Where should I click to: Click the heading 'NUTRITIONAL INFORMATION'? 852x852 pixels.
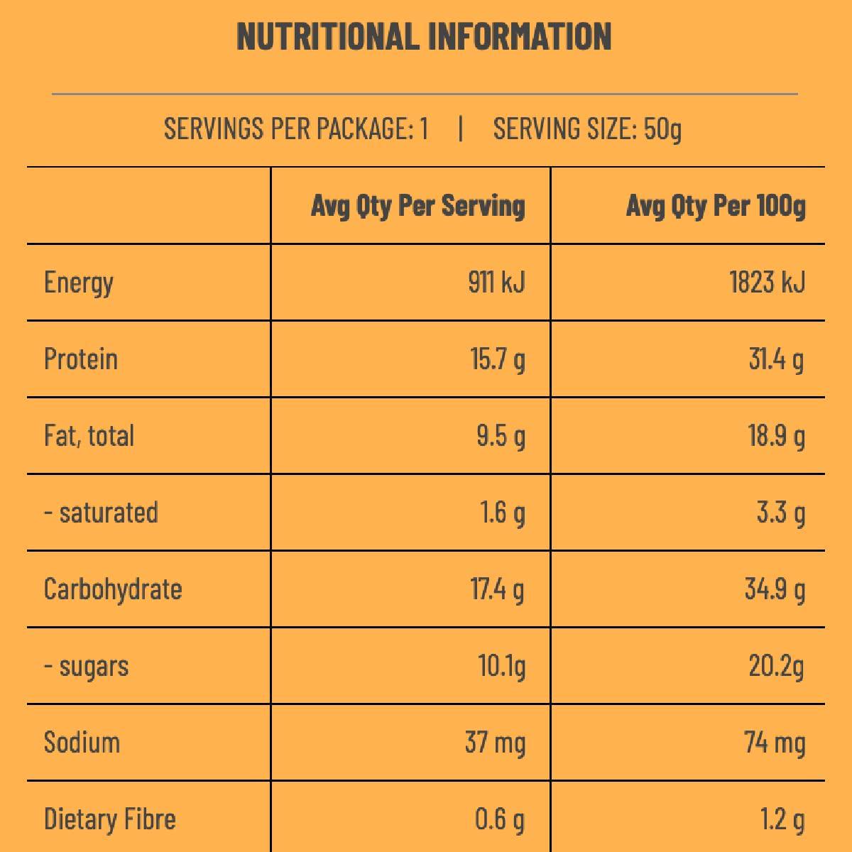tap(424, 37)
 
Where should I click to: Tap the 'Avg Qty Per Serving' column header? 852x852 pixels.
tap(418, 207)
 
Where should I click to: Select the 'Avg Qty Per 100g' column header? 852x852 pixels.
tap(716, 207)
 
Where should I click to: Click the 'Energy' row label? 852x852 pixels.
tap(79, 283)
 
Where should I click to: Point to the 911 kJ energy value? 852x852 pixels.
tap(496, 283)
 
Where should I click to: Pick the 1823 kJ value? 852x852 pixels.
tap(767, 283)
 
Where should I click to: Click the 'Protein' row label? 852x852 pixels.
tap(81, 359)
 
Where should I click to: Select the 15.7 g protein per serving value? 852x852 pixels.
tap(498, 359)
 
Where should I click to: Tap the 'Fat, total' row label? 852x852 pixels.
tap(89, 436)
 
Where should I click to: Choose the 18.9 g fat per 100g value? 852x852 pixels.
tap(776, 436)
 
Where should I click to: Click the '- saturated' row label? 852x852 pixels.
tap(102, 513)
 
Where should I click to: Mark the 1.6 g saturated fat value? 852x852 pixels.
tap(503, 513)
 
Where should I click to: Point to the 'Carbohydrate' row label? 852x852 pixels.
tap(113, 589)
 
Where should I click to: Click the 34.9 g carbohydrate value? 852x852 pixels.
tap(775, 589)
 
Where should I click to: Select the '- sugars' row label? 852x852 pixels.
tap(87, 667)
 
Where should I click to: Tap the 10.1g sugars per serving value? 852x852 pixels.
tap(501, 667)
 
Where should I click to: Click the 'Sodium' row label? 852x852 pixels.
tap(82, 743)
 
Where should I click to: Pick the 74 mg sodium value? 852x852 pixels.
tap(775, 743)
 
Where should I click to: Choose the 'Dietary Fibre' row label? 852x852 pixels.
tap(110, 819)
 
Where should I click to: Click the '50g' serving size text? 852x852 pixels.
tap(662, 129)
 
